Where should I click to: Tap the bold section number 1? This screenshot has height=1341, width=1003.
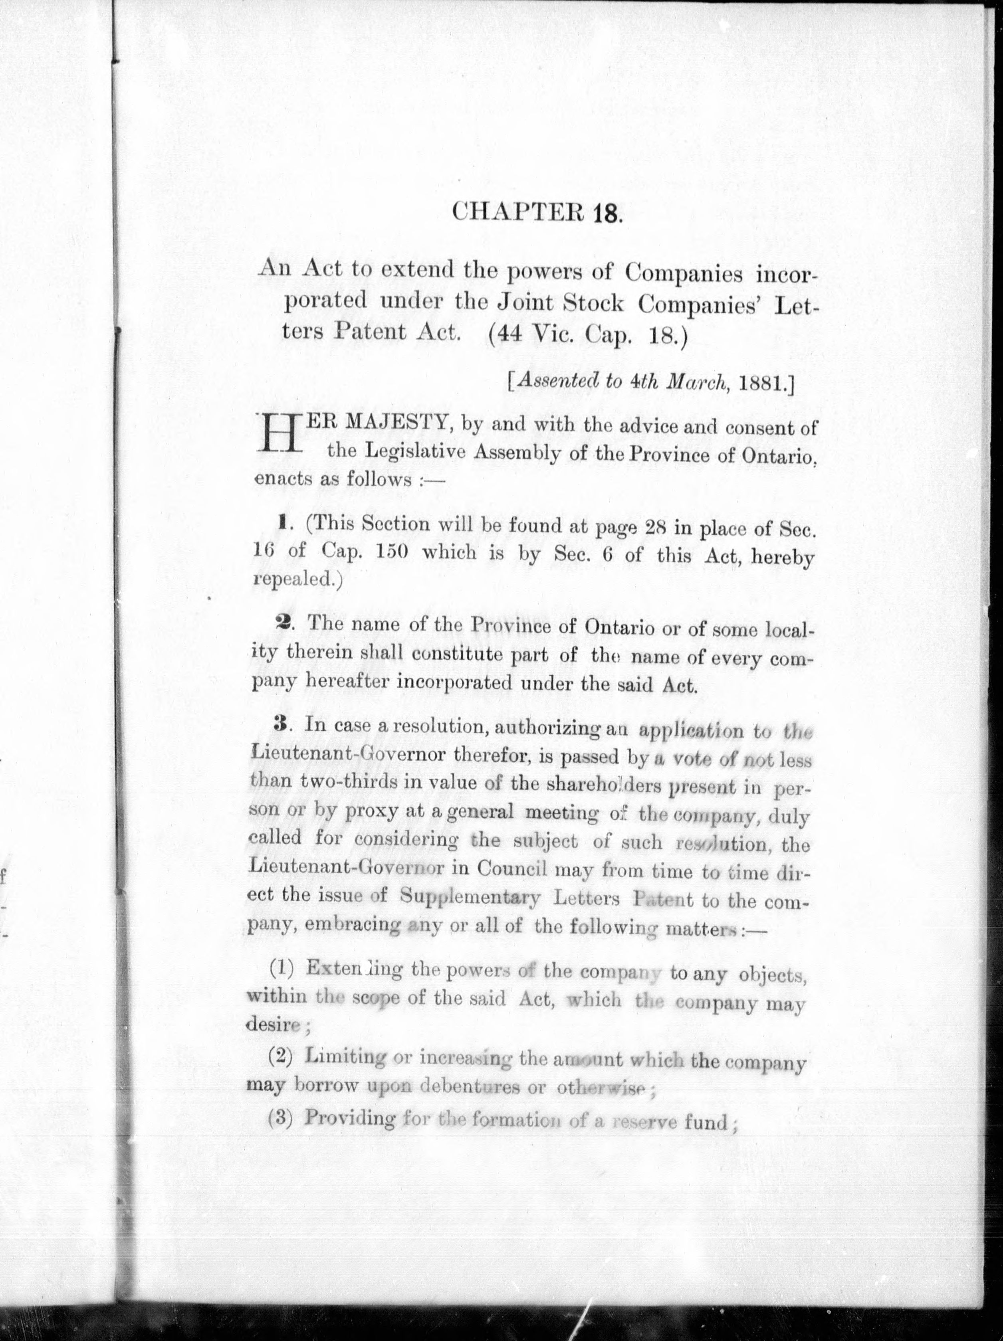coord(282,522)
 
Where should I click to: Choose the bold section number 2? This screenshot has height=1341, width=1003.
coord(282,623)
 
